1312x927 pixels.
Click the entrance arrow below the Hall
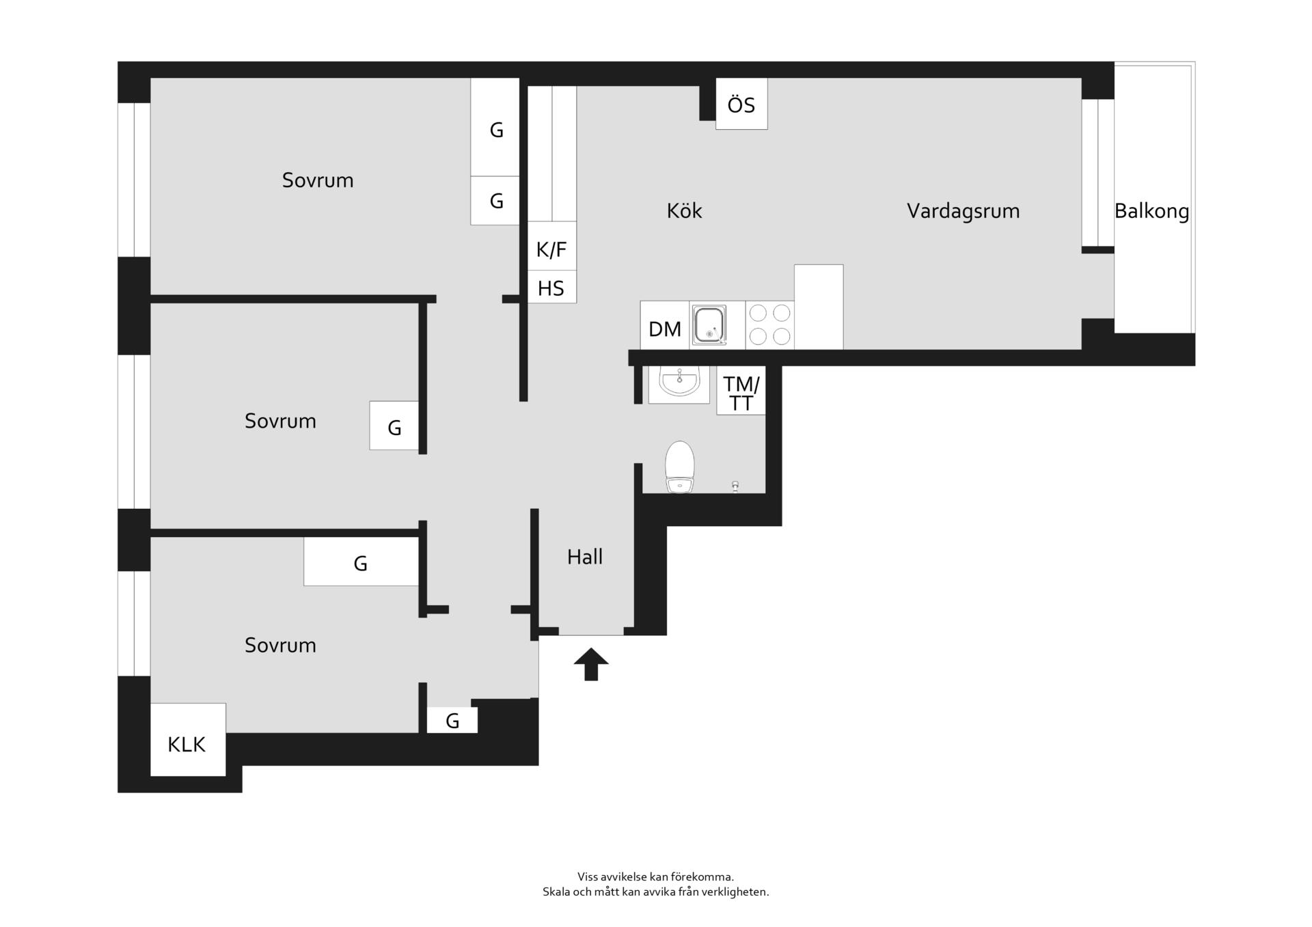pos(591,663)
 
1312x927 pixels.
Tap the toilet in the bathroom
pos(679,467)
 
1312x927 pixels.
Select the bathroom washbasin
pos(679,382)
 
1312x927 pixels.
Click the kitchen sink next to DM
pos(709,325)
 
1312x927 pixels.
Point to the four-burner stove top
pos(769,325)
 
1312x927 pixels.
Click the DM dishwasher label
pos(665,329)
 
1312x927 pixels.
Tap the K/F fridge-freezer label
pos(551,249)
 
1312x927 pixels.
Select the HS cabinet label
pos(551,288)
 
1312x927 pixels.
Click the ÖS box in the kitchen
pos(741,104)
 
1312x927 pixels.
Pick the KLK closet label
pos(187,744)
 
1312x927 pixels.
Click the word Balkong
pos(1151,211)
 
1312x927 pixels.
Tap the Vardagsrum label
pos(963,211)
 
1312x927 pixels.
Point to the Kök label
pos(684,210)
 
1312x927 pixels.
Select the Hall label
pos(585,557)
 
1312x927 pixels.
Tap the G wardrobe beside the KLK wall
pos(452,720)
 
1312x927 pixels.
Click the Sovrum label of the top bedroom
pos(318,180)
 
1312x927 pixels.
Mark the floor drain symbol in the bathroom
pos(735,486)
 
